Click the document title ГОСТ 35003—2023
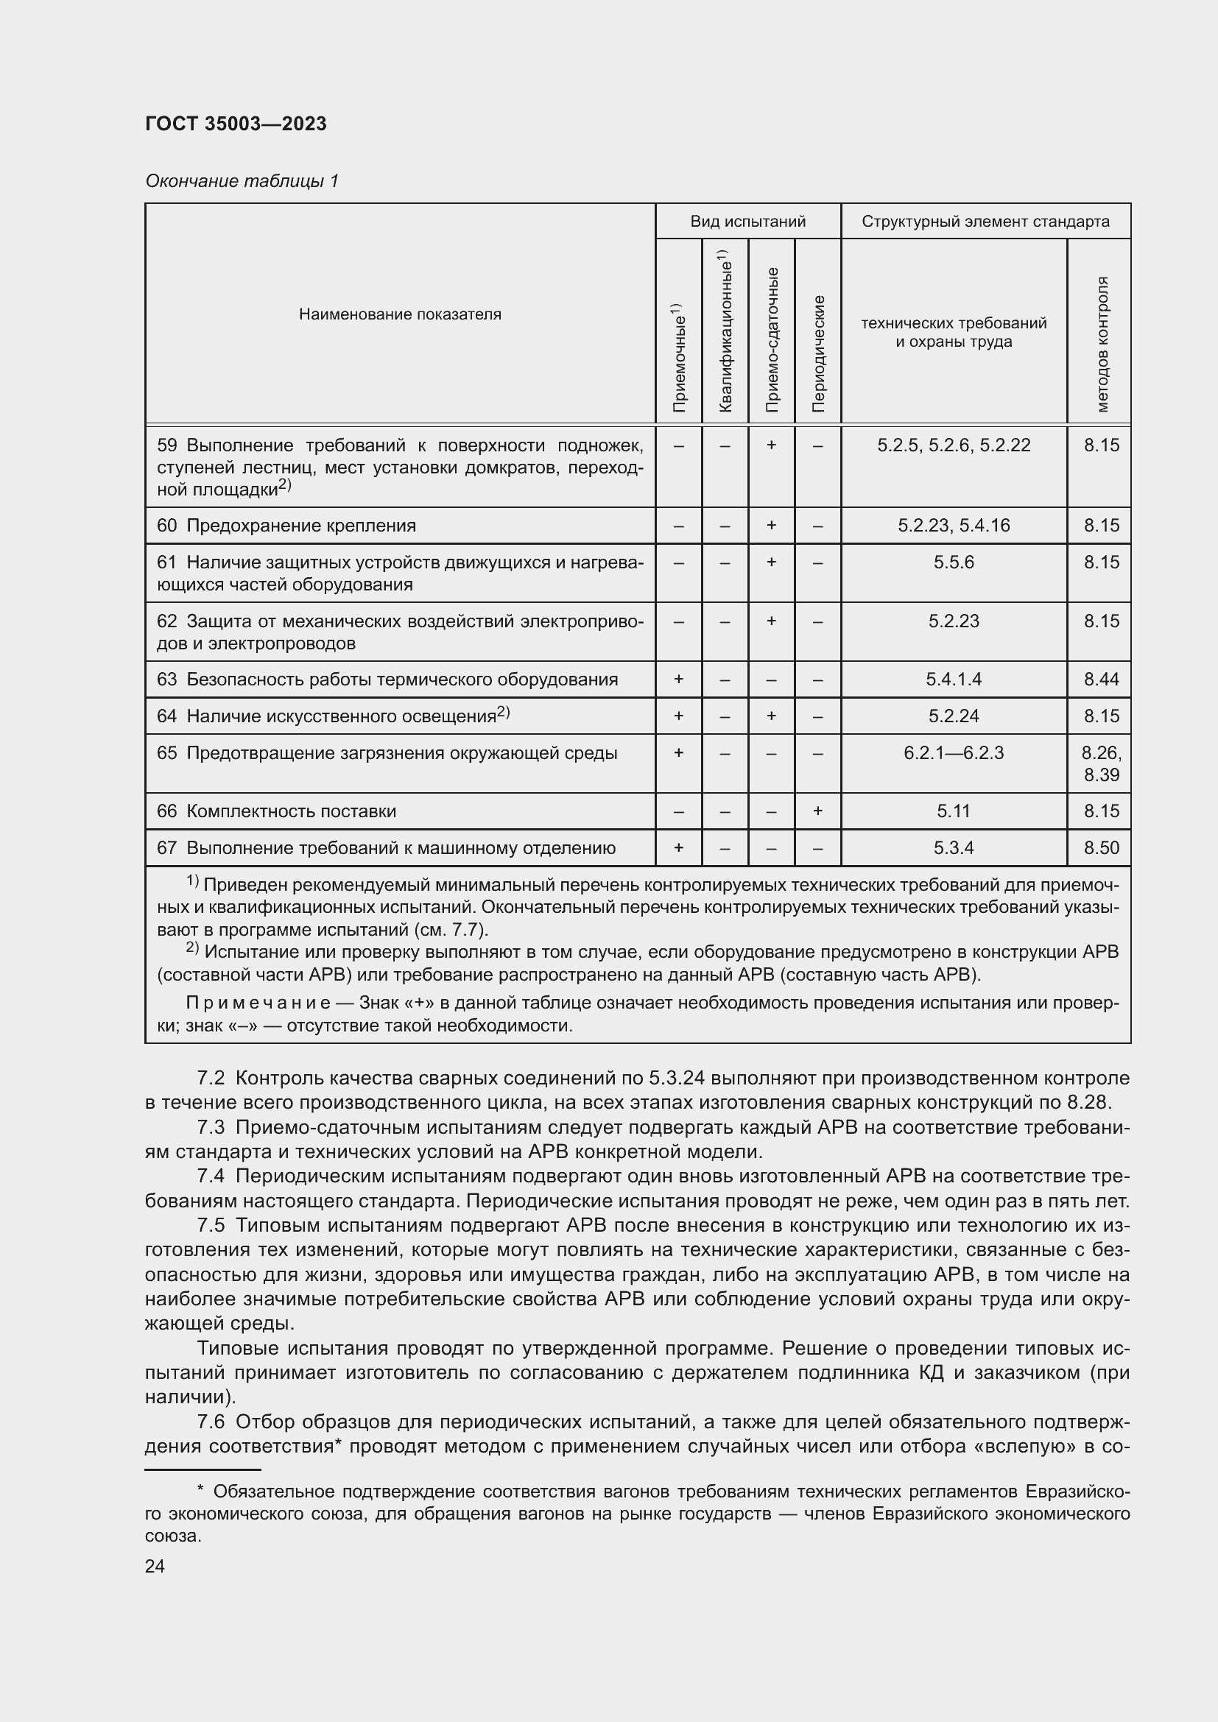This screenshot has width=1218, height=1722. click(236, 124)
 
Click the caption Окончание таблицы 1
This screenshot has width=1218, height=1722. click(242, 181)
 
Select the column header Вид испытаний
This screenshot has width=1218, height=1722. click(747, 222)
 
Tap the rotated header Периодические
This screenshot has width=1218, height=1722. click(818, 353)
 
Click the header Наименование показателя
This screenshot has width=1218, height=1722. click(400, 314)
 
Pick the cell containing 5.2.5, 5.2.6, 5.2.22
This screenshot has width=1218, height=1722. click(953, 445)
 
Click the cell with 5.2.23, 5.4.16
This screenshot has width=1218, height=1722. click(953, 526)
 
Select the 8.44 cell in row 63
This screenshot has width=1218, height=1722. click(1100, 680)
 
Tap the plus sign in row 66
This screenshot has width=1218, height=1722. click(817, 811)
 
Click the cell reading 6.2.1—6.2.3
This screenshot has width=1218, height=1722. click(953, 753)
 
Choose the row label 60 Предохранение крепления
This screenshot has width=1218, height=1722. click(286, 526)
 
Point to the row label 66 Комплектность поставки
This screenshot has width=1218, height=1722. click(276, 811)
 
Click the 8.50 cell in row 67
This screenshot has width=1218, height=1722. click(1100, 848)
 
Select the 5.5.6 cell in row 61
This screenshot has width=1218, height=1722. click(953, 562)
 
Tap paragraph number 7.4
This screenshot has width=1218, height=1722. click(211, 1176)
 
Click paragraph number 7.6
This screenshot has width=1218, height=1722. click(211, 1421)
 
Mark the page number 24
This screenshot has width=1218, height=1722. click(155, 1567)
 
